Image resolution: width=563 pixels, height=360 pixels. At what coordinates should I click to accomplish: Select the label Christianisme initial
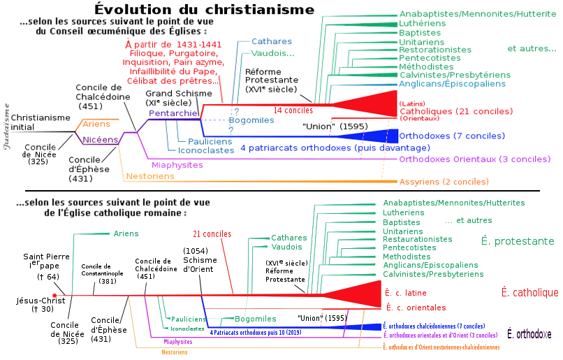point(41,122)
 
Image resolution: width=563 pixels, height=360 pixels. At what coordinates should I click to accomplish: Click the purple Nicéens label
point(100,139)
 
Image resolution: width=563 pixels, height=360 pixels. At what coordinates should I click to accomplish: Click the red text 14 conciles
point(293,110)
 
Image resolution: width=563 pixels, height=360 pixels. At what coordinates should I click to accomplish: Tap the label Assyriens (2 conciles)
point(444,182)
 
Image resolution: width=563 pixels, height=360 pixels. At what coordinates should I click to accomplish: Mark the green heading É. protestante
point(518,241)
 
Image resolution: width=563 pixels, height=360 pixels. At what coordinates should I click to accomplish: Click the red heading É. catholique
point(529,292)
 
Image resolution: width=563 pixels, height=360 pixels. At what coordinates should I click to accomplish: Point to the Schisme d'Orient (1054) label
point(200,260)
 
